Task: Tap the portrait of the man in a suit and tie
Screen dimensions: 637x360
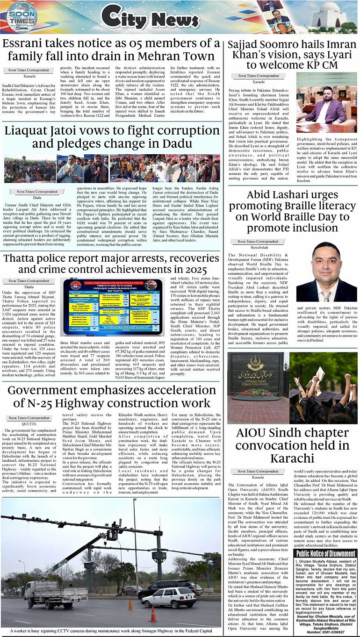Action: coord(327,272)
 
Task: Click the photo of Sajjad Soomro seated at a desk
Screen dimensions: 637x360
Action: coord(326,109)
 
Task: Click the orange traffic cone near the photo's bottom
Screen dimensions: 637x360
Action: coord(152,614)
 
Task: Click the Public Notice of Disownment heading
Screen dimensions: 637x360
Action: coord(325,554)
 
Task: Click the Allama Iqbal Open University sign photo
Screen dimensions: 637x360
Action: coord(256,387)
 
